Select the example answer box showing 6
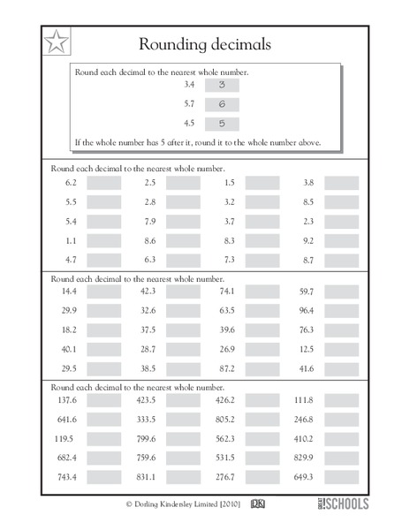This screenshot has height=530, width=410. pos(221,103)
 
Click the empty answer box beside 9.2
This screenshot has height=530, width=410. pos(341,240)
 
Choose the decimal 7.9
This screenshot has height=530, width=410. pos(149,221)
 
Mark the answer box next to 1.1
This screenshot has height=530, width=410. pos(103,240)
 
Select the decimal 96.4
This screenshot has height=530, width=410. pos(307,310)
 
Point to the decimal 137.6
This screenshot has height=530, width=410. pos(70,399)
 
